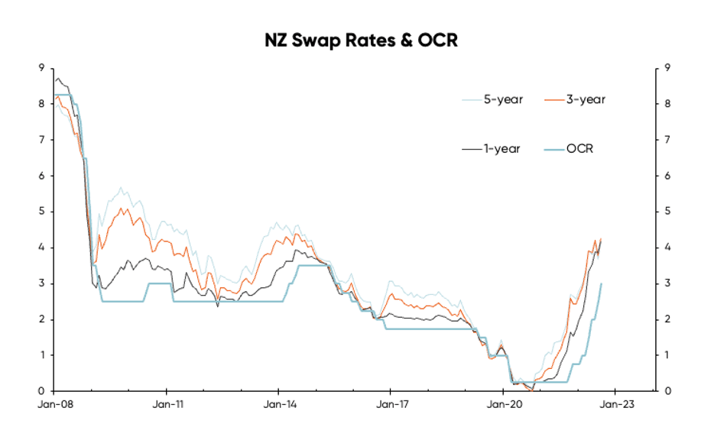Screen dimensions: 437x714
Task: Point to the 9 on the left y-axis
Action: [42, 68]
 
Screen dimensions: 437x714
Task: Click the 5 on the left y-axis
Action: [42, 212]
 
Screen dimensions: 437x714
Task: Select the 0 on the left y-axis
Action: [42, 391]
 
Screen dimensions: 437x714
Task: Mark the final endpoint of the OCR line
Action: [602, 283]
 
